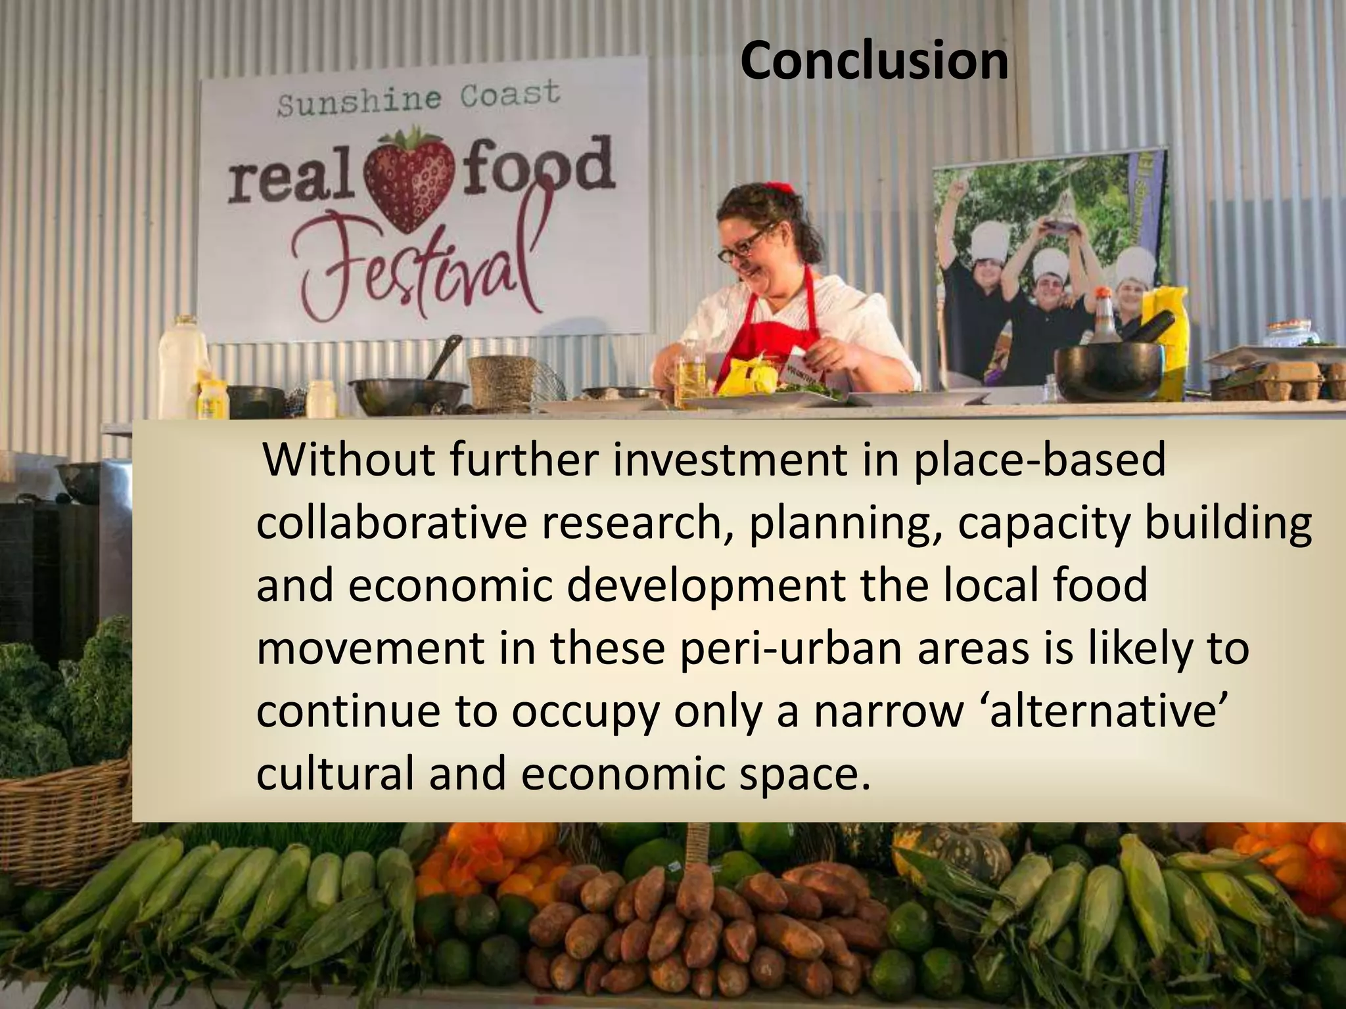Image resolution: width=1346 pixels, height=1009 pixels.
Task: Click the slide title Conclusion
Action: tap(873, 61)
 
